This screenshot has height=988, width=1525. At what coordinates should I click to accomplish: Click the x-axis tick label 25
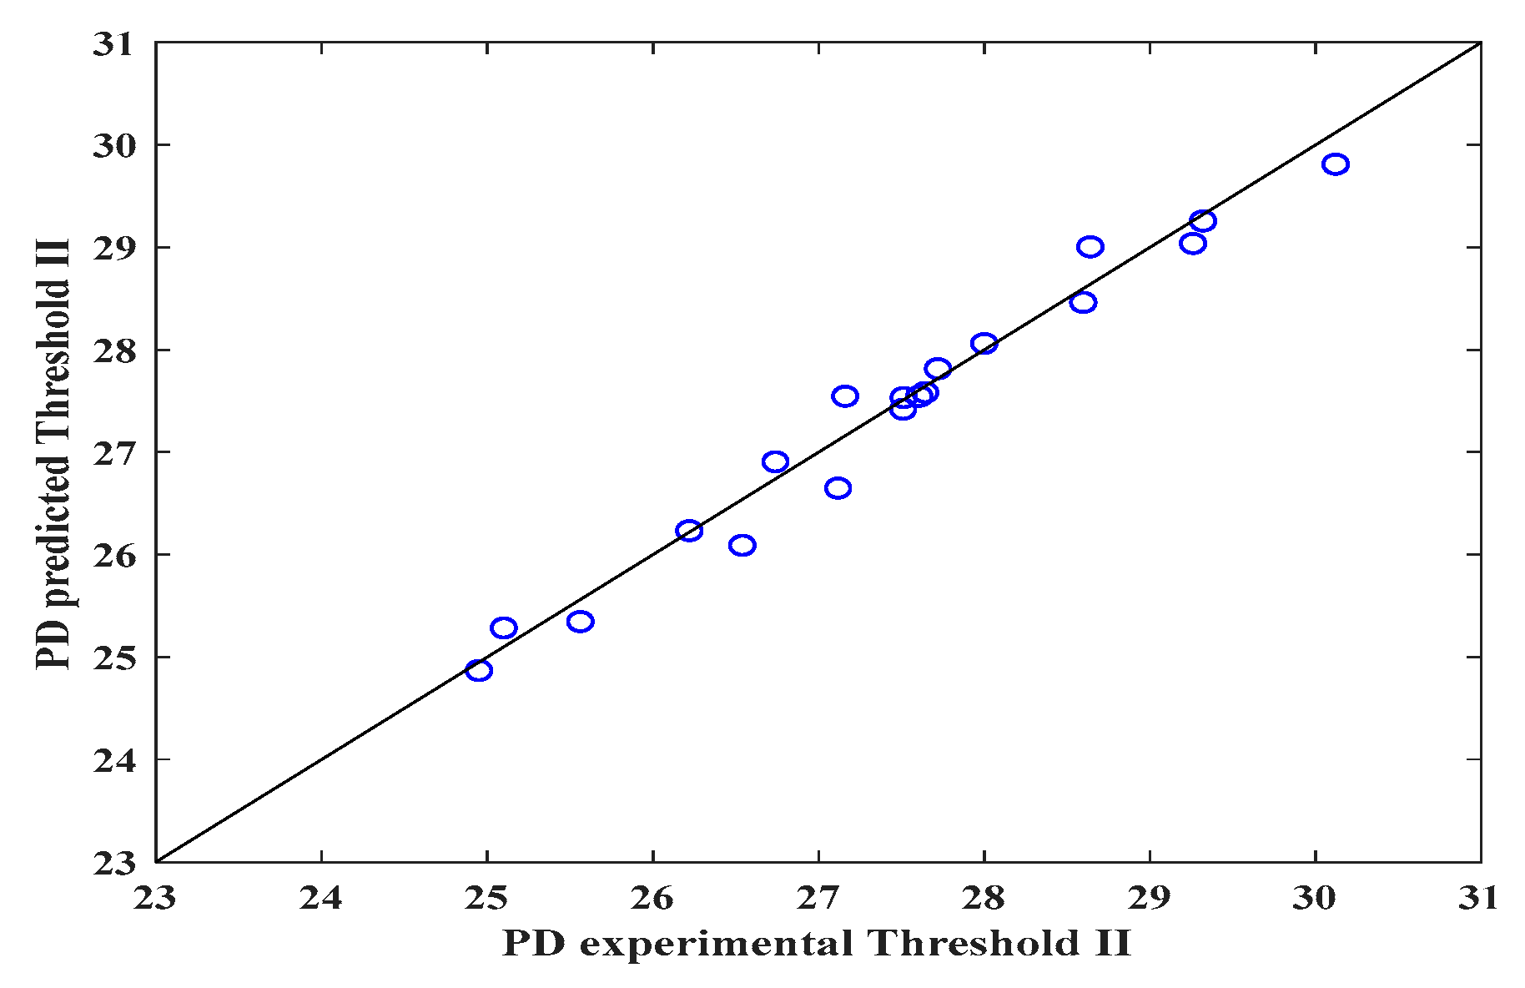(x=486, y=898)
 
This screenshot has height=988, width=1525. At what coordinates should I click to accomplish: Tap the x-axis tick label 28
(x=984, y=898)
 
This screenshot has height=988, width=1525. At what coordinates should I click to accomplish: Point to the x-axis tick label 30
(x=1315, y=898)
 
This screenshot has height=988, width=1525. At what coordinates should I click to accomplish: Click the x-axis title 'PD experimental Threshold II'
(x=816, y=944)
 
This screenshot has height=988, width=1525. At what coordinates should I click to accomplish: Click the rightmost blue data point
(x=1335, y=164)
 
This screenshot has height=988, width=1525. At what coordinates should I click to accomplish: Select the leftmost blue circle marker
(x=478, y=670)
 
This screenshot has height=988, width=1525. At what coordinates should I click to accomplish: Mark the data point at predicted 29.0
(x=1090, y=247)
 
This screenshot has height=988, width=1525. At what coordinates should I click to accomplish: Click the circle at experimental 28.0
(x=984, y=344)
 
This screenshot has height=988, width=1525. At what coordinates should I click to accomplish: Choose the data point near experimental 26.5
(x=742, y=546)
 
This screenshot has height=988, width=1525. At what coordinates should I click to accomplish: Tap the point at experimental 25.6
(x=580, y=622)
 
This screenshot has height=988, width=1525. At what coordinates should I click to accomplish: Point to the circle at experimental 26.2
(x=689, y=531)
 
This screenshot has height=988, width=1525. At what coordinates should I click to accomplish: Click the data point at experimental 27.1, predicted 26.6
(x=838, y=488)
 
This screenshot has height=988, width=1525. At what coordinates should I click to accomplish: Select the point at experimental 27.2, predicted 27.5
(x=845, y=396)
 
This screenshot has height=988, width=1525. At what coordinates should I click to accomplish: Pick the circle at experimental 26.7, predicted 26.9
(x=775, y=462)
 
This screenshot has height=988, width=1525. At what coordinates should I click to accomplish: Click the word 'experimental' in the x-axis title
(x=716, y=944)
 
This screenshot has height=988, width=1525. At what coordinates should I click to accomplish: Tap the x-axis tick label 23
(x=155, y=898)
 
